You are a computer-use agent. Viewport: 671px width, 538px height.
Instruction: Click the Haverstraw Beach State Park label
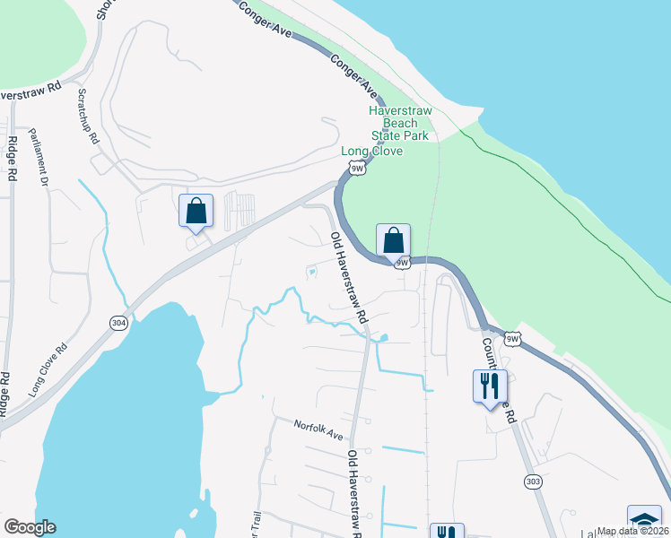[401, 123]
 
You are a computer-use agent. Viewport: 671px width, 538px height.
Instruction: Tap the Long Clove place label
[371, 151]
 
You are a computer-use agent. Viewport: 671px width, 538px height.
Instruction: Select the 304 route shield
[118, 322]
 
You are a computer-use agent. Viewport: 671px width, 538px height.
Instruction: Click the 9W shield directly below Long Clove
[358, 168]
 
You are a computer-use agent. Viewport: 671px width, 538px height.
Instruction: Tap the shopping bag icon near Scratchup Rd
[196, 212]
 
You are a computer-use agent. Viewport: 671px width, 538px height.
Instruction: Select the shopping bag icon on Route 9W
[393, 240]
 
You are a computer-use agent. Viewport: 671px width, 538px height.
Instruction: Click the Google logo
[30, 527]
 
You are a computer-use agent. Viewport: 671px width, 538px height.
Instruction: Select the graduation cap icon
[644, 520]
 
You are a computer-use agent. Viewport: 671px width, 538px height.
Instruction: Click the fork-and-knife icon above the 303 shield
[490, 386]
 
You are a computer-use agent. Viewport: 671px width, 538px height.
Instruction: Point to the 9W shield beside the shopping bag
[403, 263]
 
